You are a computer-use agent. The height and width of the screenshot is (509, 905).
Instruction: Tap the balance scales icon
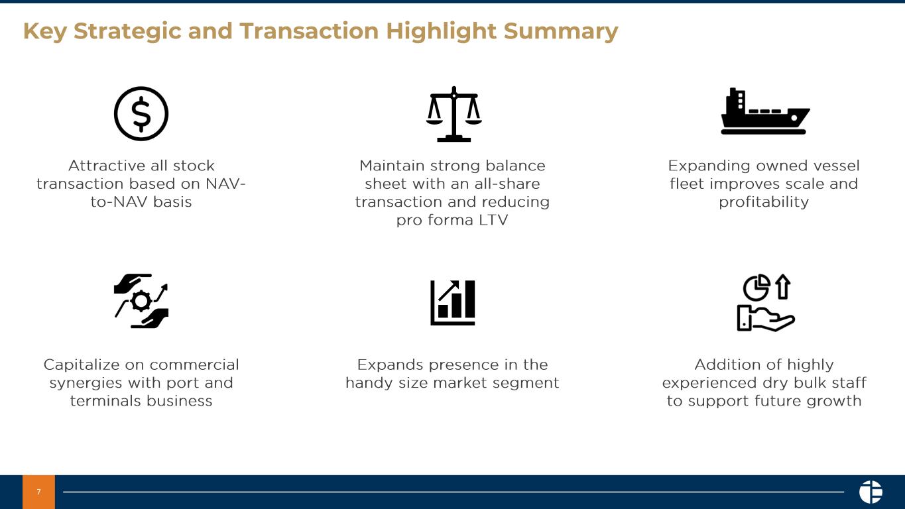click(x=453, y=114)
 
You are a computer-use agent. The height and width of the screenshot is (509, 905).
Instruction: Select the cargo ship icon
click(x=765, y=111)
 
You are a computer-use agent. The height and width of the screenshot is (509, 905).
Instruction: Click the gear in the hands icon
click(x=141, y=301)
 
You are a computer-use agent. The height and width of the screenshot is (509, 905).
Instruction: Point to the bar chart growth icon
click(x=453, y=303)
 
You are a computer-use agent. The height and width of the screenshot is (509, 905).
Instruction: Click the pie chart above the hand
click(x=756, y=288)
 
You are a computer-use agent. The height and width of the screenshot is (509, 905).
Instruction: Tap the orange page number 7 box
click(x=38, y=492)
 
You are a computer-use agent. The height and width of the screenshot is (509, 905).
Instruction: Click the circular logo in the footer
click(x=871, y=492)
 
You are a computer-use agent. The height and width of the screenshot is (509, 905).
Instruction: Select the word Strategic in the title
click(x=128, y=32)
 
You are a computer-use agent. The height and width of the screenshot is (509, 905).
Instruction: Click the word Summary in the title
click(x=561, y=32)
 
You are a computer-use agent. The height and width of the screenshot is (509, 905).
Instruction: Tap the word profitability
click(x=764, y=202)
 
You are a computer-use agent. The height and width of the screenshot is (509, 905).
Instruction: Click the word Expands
click(x=391, y=365)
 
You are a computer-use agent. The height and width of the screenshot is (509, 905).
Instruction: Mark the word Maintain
click(x=391, y=166)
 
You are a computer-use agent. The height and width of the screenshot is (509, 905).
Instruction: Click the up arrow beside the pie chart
click(x=783, y=287)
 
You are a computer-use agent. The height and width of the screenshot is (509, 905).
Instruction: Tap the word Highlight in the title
click(x=441, y=32)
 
